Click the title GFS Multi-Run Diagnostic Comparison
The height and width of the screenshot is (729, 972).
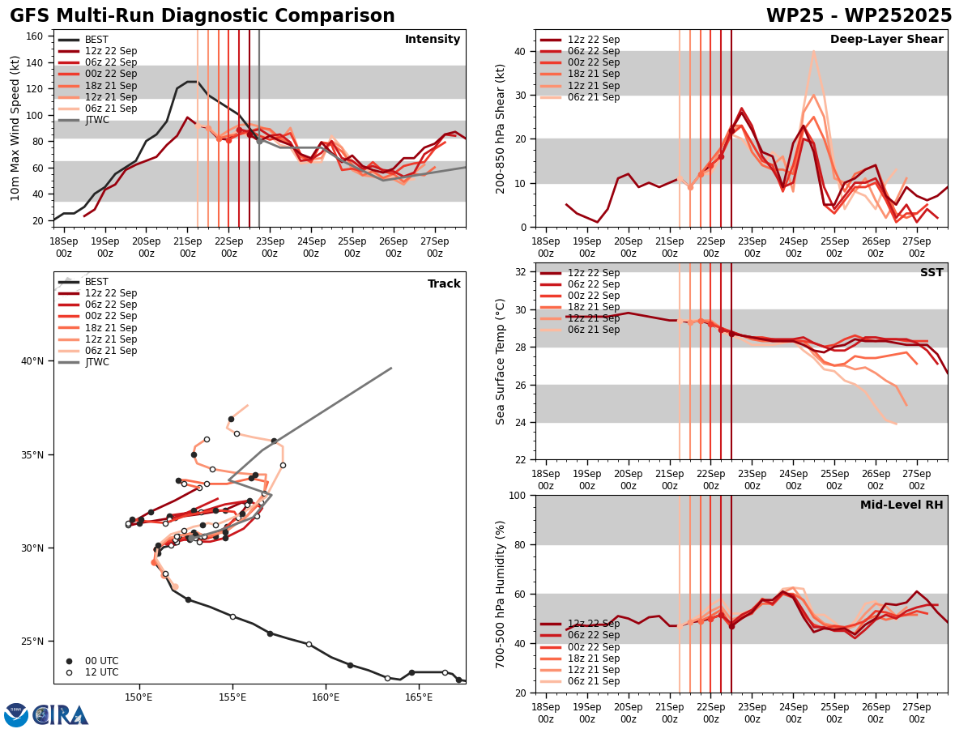(x=202, y=16)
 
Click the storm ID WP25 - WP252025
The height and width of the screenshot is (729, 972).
(x=859, y=16)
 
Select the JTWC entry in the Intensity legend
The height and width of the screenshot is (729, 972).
(x=98, y=120)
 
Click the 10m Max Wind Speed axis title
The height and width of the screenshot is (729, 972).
(x=15, y=128)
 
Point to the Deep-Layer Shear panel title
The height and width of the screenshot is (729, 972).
(x=886, y=40)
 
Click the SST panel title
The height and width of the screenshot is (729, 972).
(x=932, y=273)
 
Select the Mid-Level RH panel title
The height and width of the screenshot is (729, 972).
(x=902, y=505)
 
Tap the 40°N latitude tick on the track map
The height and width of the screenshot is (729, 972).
(x=36, y=361)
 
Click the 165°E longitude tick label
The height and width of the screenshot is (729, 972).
(x=419, y=697)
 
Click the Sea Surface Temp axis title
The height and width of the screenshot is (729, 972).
(x=501, y=361)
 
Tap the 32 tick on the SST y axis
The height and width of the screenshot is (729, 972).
(x=522, y=272)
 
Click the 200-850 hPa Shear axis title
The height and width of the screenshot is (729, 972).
(x=501, y=128)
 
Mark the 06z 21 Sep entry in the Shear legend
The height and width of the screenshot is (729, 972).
(x=595, y=97)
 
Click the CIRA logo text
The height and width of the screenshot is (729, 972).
(x=61, y=715)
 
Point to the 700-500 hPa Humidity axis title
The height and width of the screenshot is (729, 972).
(x=501, y=594)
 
